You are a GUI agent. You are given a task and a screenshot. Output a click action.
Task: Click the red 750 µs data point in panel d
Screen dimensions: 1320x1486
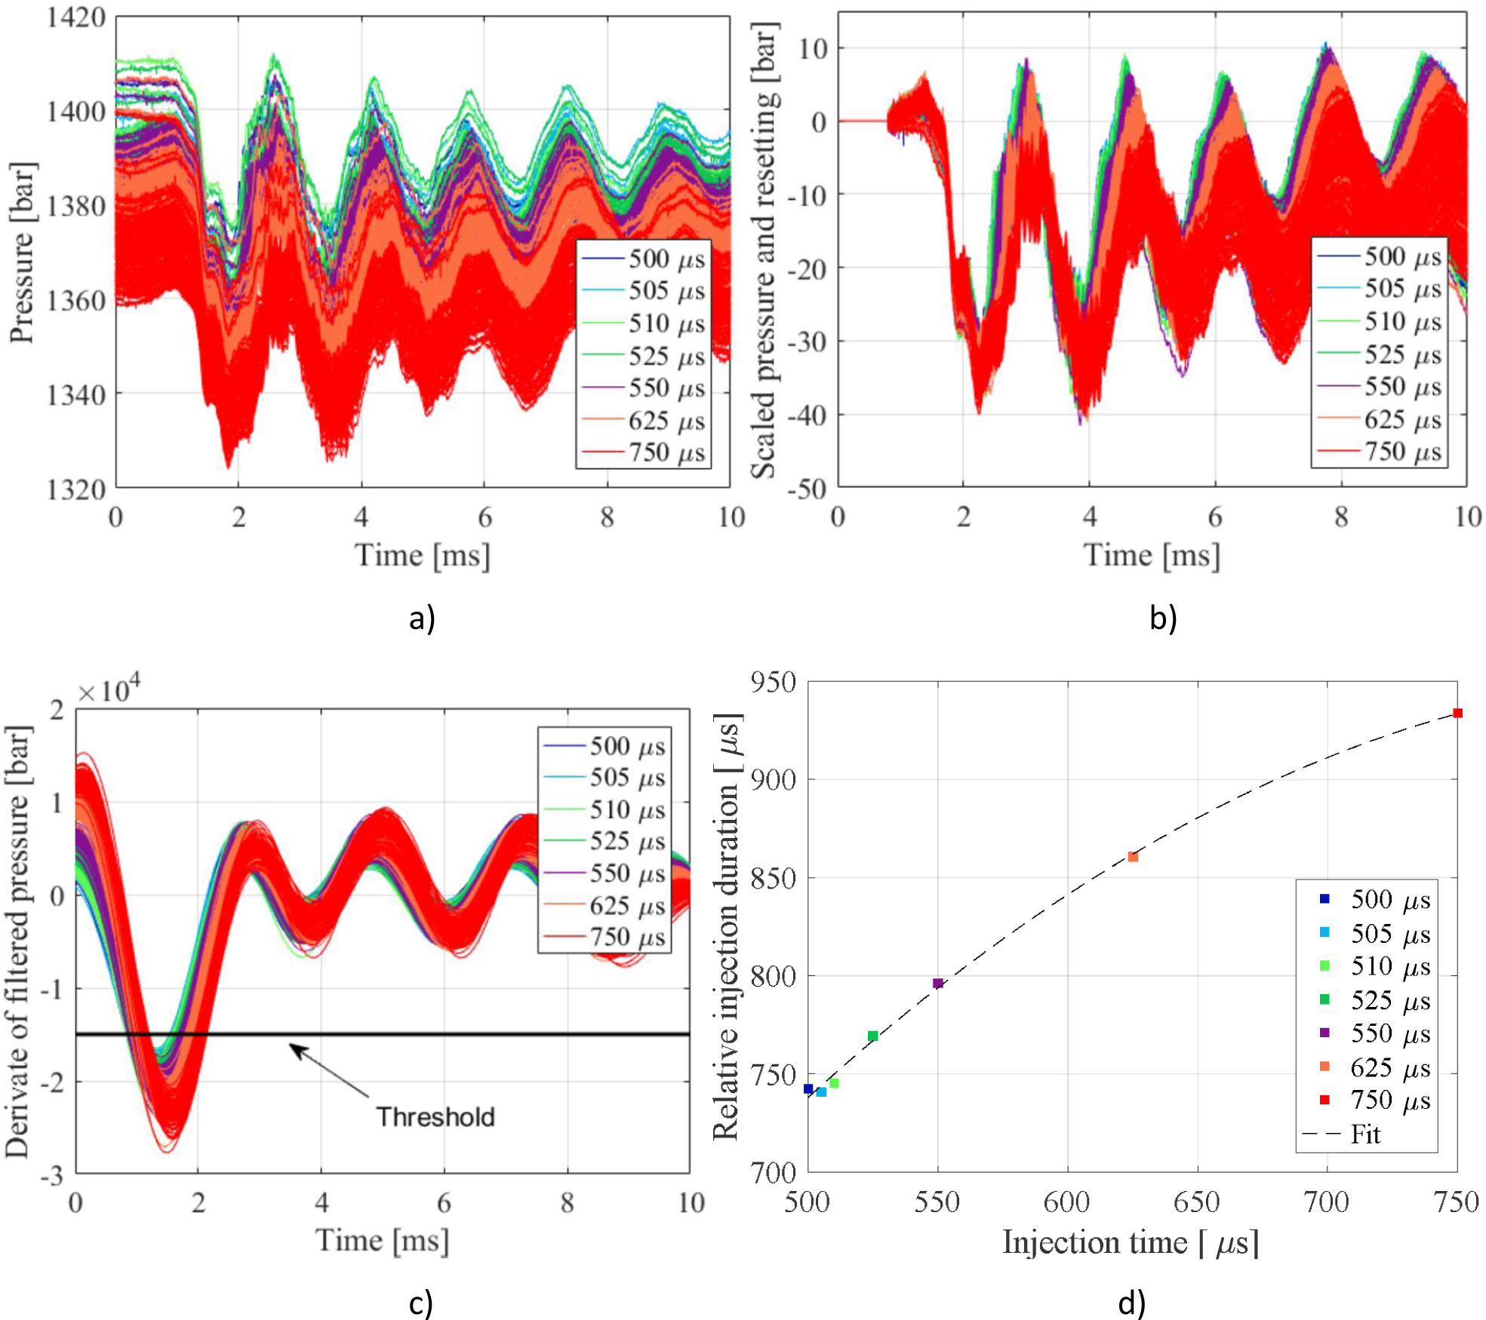tap(1457, 713)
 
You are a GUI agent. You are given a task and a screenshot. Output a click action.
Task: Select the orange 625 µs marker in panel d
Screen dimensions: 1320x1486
tap(1132, 856)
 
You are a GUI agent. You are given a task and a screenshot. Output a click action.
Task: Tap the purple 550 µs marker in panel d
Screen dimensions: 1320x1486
tap(937, 983)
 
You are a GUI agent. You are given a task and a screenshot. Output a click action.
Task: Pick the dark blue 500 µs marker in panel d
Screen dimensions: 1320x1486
tap(808, 1088)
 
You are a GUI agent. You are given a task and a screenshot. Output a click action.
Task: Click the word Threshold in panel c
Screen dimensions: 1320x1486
tap(435, 1116)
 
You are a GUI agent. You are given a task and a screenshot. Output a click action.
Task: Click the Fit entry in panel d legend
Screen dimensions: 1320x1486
tap(1364, 1134)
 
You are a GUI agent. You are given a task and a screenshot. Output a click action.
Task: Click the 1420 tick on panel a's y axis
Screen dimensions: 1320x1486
tap(75, 17)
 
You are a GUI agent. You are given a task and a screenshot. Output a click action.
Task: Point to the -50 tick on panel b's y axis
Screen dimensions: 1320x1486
tap(808, 489)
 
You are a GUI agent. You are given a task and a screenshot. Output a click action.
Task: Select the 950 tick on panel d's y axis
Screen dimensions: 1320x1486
tap(774, 683)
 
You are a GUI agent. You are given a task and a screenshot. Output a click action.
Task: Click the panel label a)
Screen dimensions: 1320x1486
tap(422, 619)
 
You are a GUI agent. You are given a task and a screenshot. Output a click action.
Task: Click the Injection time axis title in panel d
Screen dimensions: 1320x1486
tap(1130, 1242)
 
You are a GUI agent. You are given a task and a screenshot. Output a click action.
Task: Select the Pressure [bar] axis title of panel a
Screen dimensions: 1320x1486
tap(23, 253)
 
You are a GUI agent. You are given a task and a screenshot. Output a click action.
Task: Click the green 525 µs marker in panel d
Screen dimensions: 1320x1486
tap(872, 1036)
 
